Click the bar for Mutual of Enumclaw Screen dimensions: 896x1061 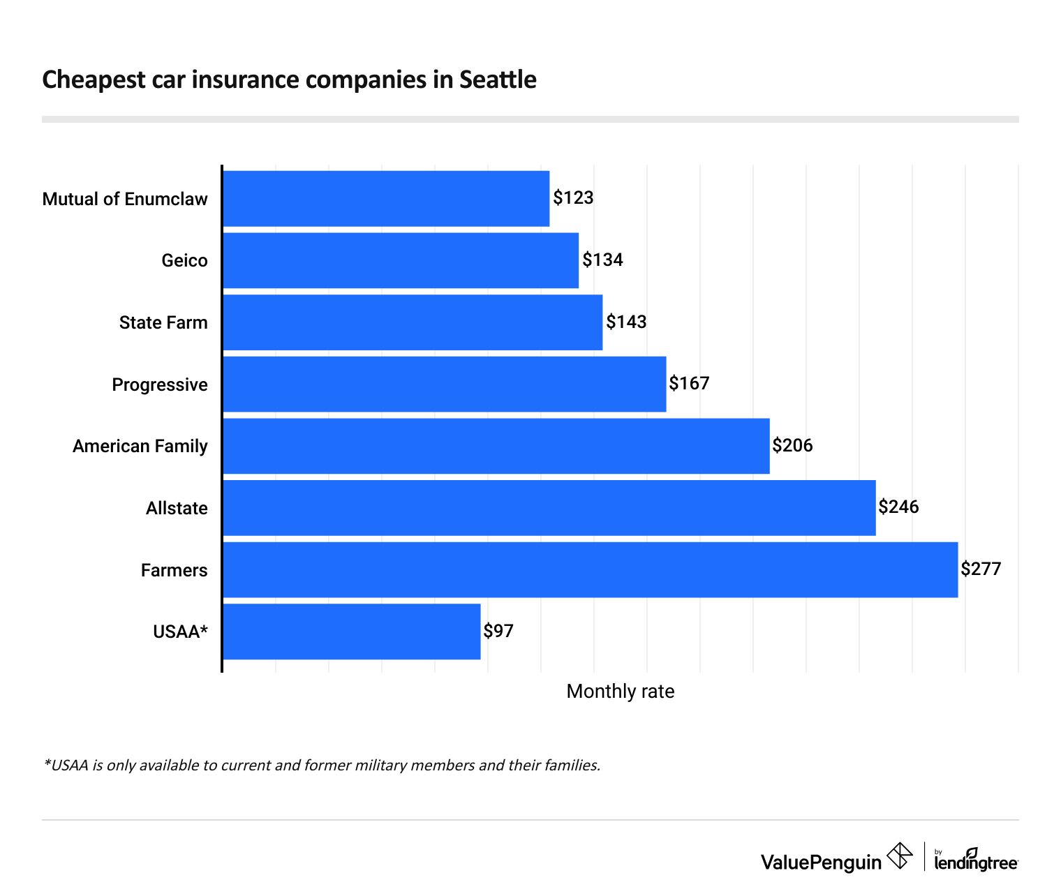386,199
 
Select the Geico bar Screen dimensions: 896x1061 401,260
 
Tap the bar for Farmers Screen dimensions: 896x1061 590,569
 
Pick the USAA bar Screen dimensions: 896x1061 351,632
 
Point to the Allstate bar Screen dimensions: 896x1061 549,508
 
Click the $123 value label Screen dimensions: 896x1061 573,198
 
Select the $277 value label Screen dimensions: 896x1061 981,569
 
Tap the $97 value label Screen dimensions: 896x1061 498,632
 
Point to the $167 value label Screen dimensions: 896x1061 689,384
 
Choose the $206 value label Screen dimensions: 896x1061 792,446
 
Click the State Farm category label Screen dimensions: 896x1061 163,322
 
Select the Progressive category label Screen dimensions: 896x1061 160,384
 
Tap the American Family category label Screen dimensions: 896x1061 140,446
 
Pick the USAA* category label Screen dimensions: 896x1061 180,632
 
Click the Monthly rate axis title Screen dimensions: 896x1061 621,692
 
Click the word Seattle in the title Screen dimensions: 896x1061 498,80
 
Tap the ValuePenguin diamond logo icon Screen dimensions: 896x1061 899,856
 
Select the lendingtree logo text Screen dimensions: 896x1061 976,863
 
